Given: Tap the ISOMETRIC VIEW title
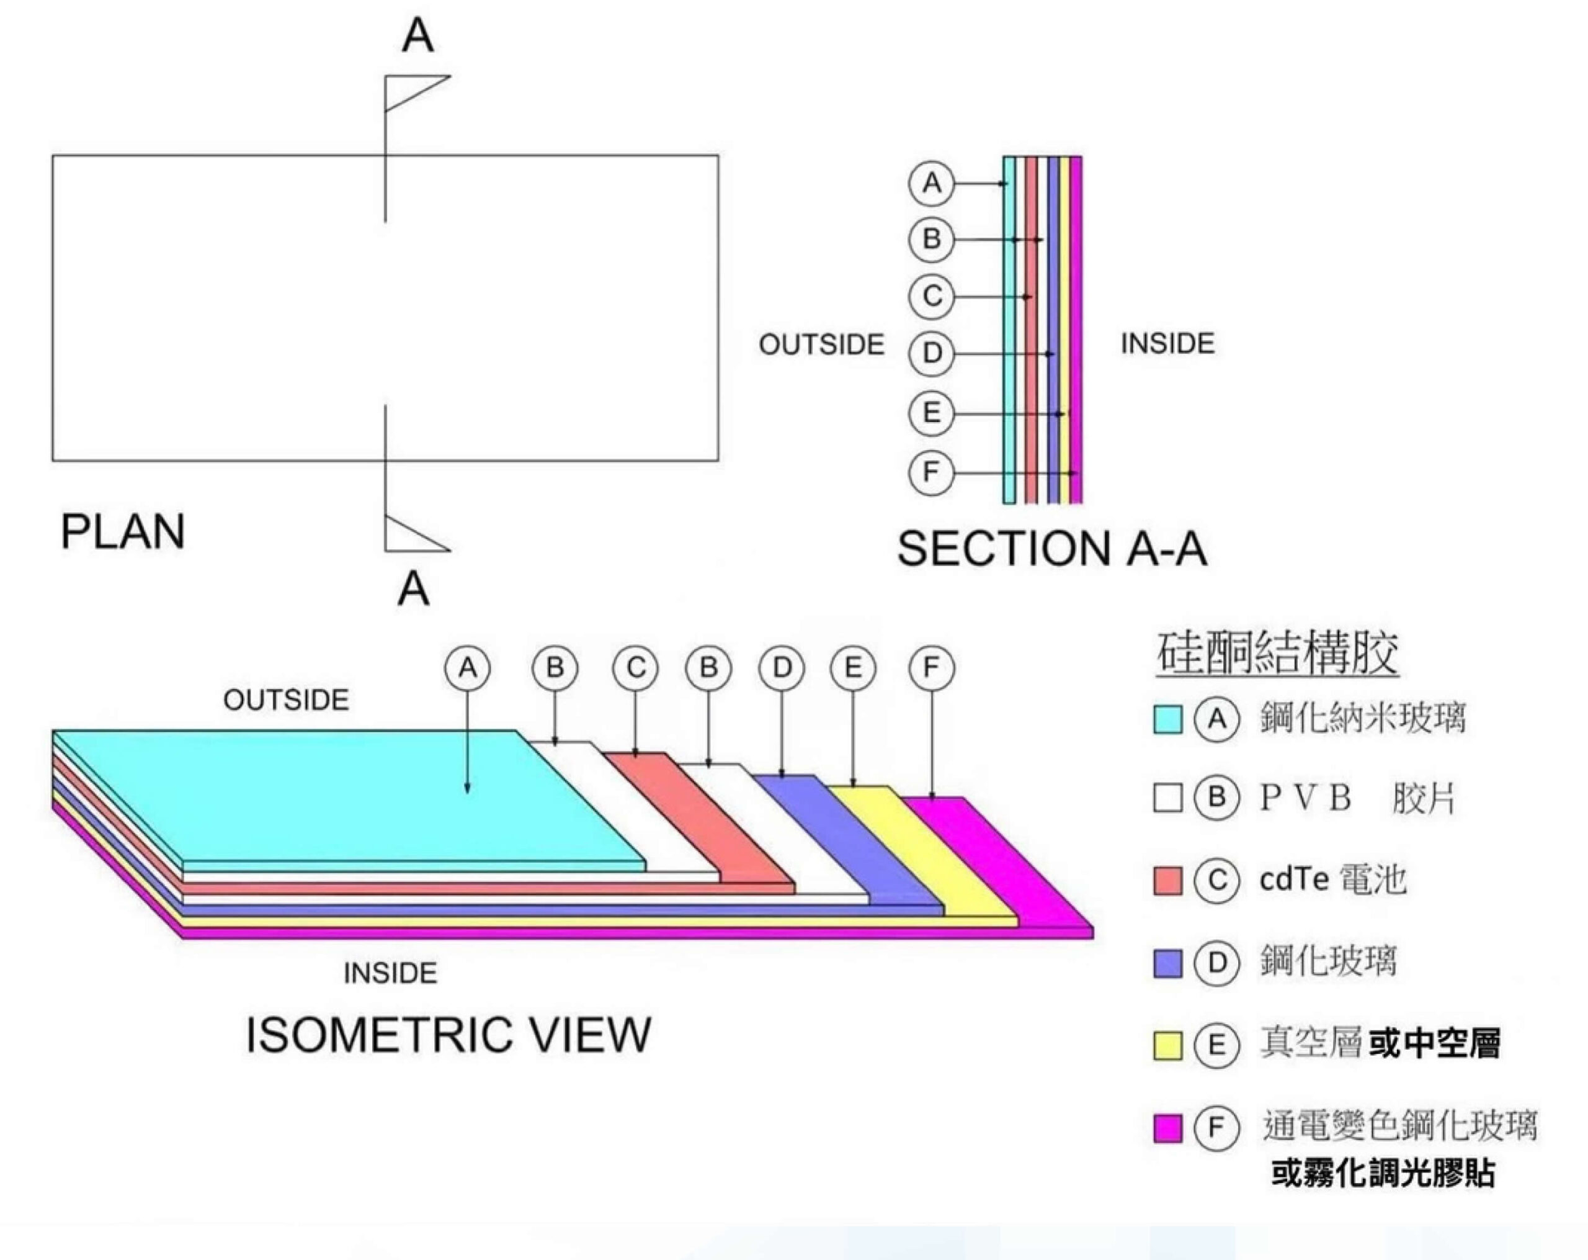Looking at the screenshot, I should point(448,1035).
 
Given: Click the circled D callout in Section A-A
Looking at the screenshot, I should point(931,354).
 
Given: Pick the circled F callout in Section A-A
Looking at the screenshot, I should point(931,472).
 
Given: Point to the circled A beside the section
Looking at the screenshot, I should point(931,182).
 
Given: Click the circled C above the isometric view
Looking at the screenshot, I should point(635,668).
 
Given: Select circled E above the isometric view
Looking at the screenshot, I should point(853,668).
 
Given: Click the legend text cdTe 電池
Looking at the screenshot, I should point(1332,880).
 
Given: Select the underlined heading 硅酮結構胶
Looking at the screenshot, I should point(1277,653).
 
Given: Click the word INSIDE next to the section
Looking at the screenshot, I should point(1167,344).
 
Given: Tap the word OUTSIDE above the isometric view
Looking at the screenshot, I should point(286,700).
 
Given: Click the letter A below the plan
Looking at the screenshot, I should point(413,590).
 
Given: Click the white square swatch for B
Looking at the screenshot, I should point(1167,798).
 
